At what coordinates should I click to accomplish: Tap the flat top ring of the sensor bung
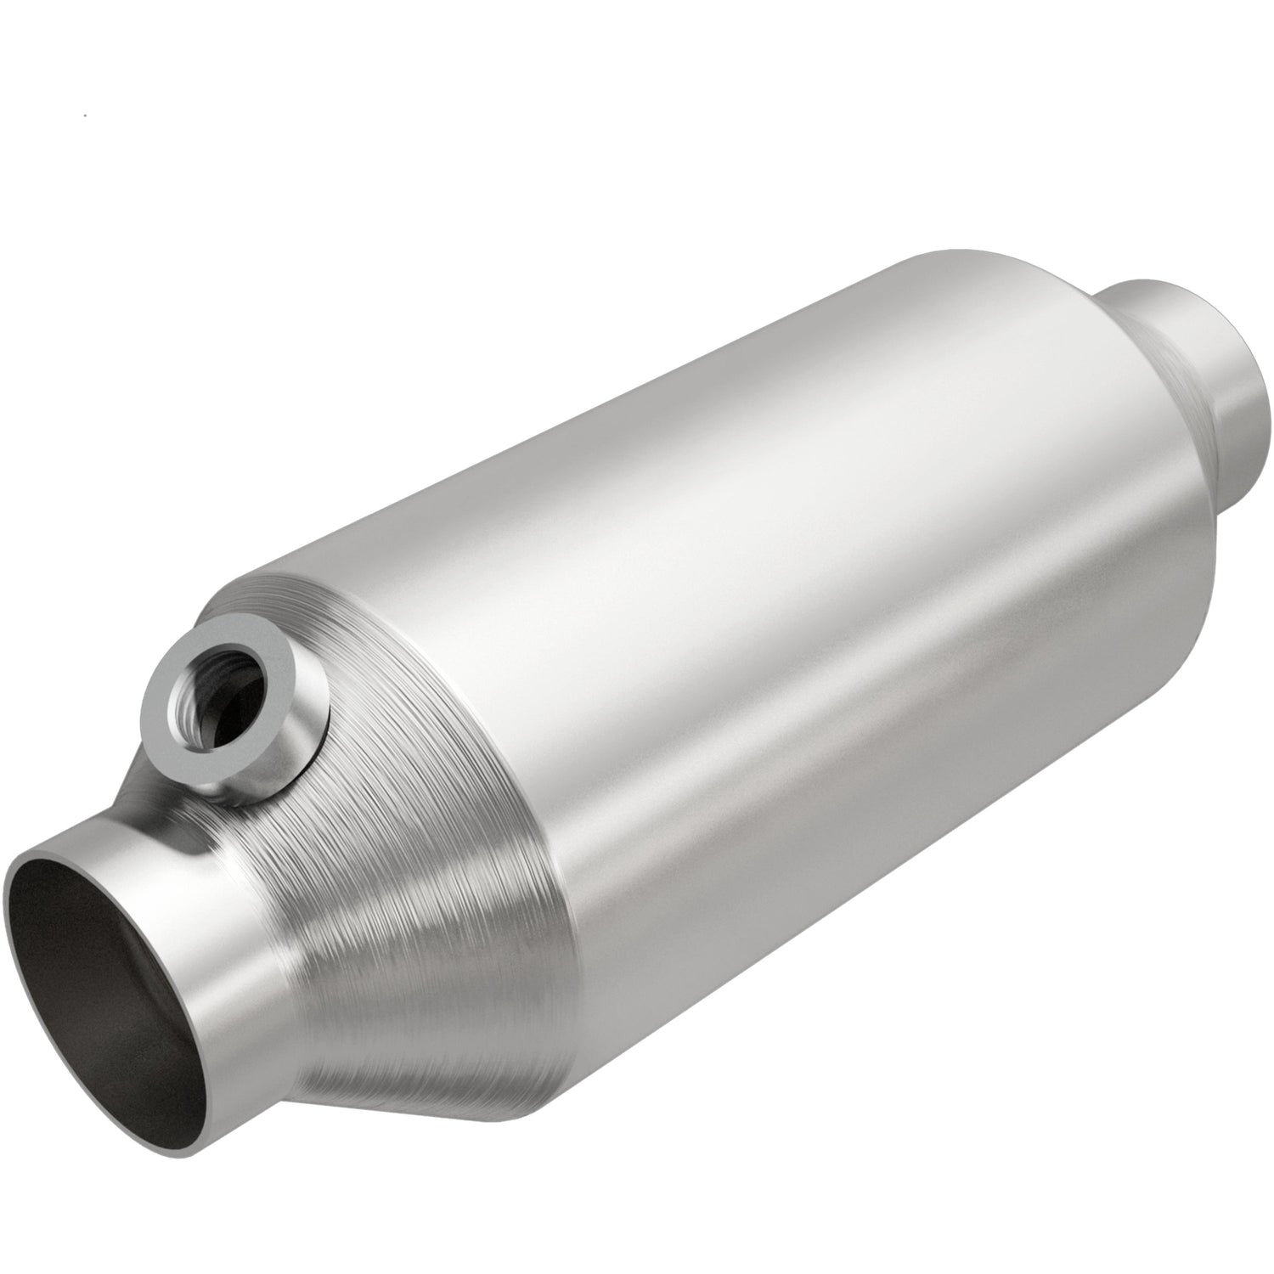(189, 671)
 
